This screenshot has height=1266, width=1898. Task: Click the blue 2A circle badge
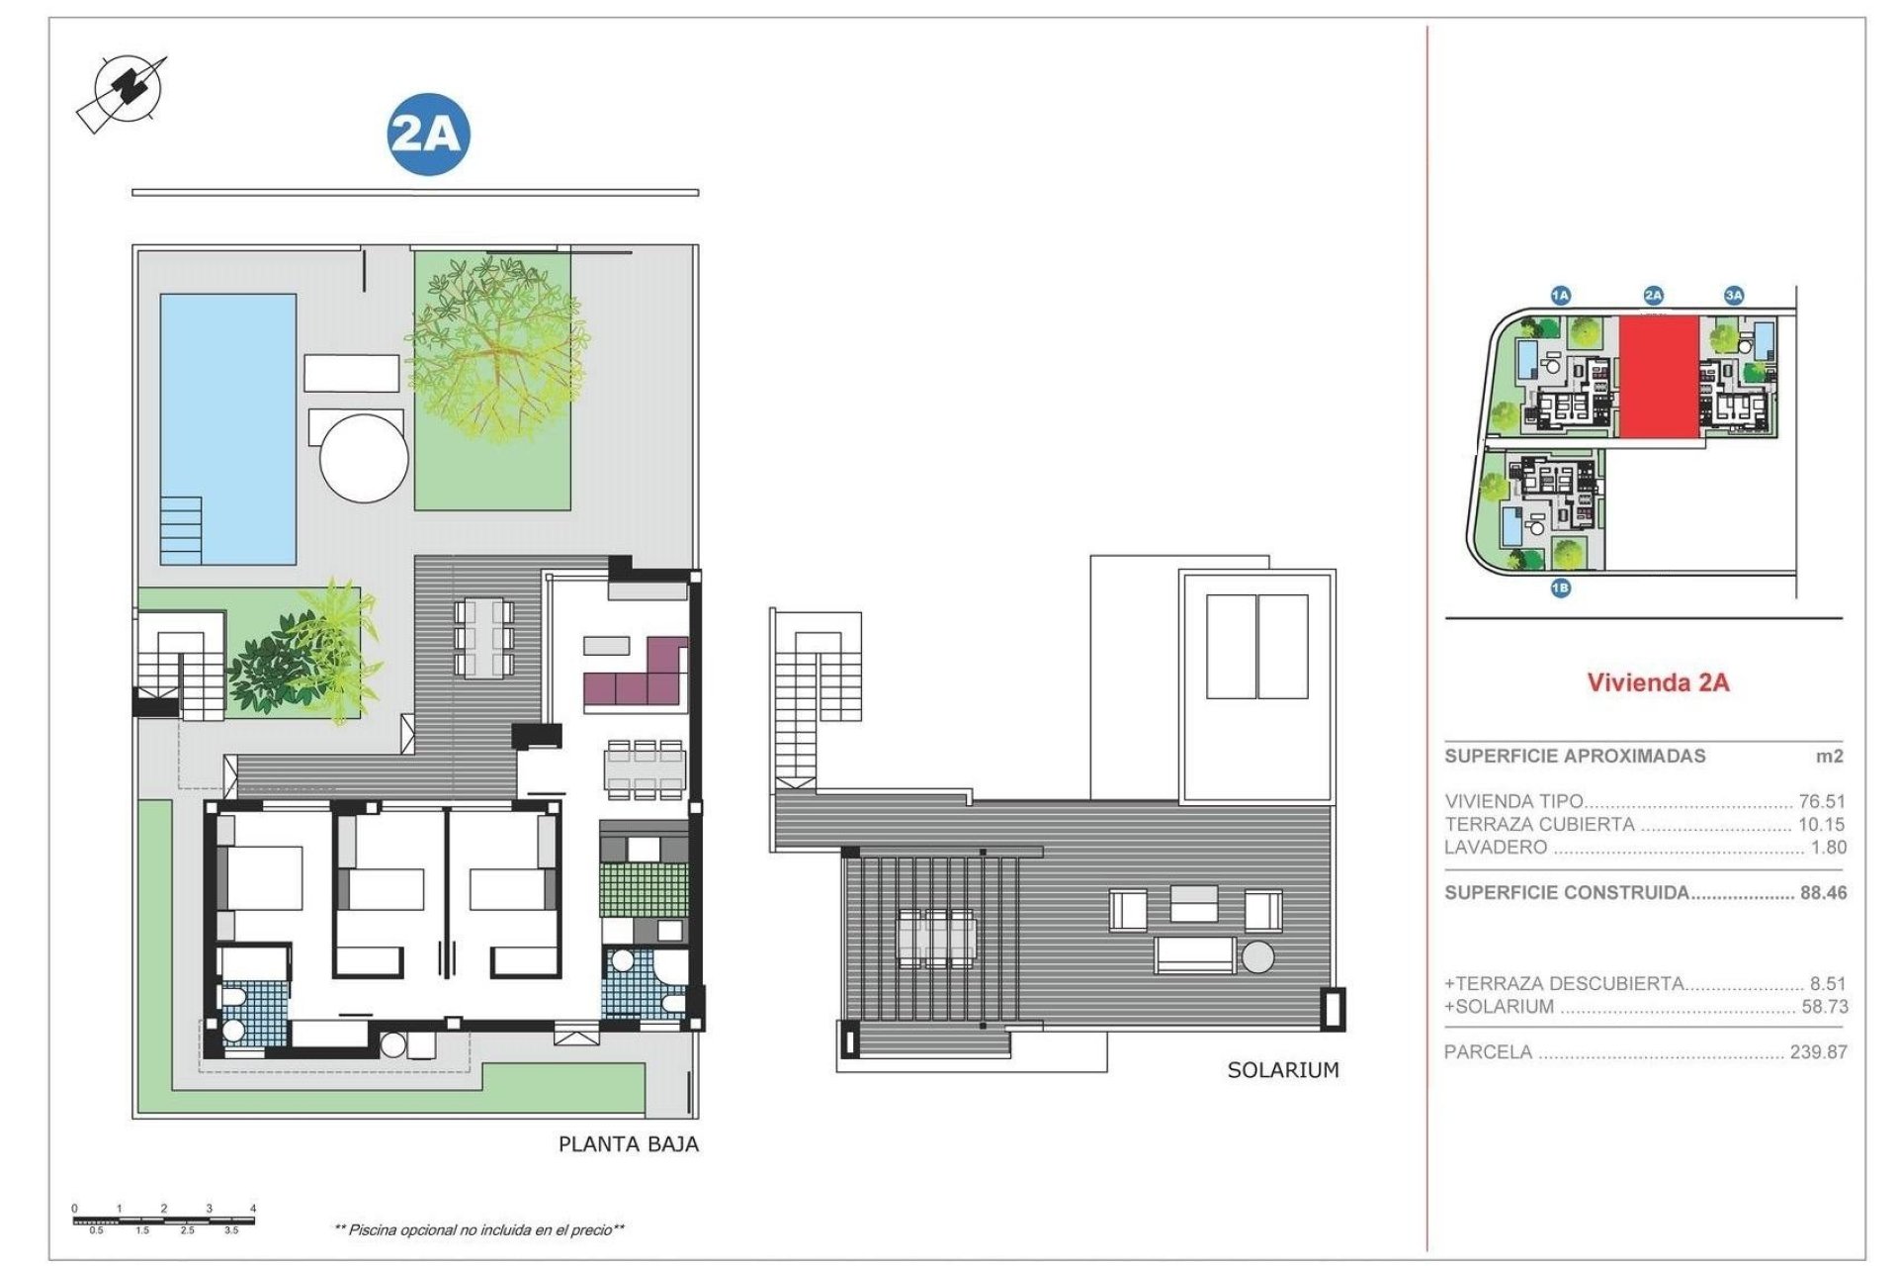click(427, 135)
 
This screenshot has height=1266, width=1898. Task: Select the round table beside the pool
click(364, 458)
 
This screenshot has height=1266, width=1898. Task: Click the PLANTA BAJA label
click(628, 1144)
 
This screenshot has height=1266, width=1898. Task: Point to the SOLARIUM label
click(1282, 1070)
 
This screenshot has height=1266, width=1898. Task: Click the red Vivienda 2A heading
click(1658, 682)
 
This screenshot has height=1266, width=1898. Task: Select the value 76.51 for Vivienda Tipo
click(1821, 801)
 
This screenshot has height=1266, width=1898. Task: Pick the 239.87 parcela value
click(1817, 1052)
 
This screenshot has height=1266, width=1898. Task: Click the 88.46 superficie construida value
click(1823, 892)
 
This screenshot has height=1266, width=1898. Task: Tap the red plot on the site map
click(1659, 377)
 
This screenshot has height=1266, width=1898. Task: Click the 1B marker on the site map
click(1560, 588)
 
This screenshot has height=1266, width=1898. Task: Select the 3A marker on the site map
click(1734, 295)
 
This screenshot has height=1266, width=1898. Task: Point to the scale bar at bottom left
click(164, 1220)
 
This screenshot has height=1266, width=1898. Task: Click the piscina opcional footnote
click(479, 1230)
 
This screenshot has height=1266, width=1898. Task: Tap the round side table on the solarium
click(1258, 956)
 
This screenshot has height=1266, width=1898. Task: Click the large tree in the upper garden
click(492, 346)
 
